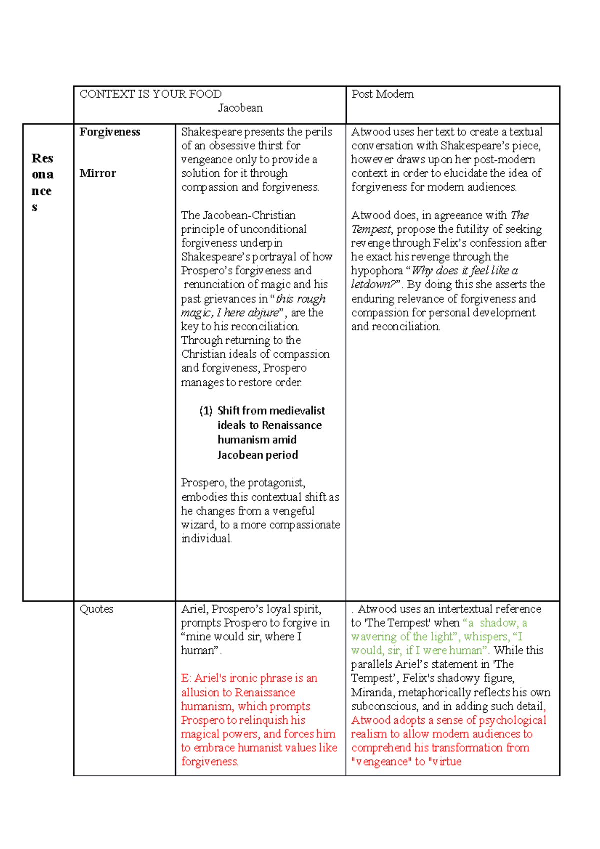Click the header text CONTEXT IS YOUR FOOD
tap(150, 94)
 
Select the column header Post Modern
tap(382, 94)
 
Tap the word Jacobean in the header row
tap(240, 108)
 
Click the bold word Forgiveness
tap(110, 132)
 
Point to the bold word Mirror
tap(98, 173)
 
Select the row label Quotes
tap(96, 609)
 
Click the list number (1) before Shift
tap(206, 411)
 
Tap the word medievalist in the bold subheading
tap(297, 411)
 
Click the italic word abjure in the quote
tap(263, 313)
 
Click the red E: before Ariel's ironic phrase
tap(186, 678)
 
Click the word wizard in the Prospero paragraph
tap(198, 525)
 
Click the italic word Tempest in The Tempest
tap(371, 229)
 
